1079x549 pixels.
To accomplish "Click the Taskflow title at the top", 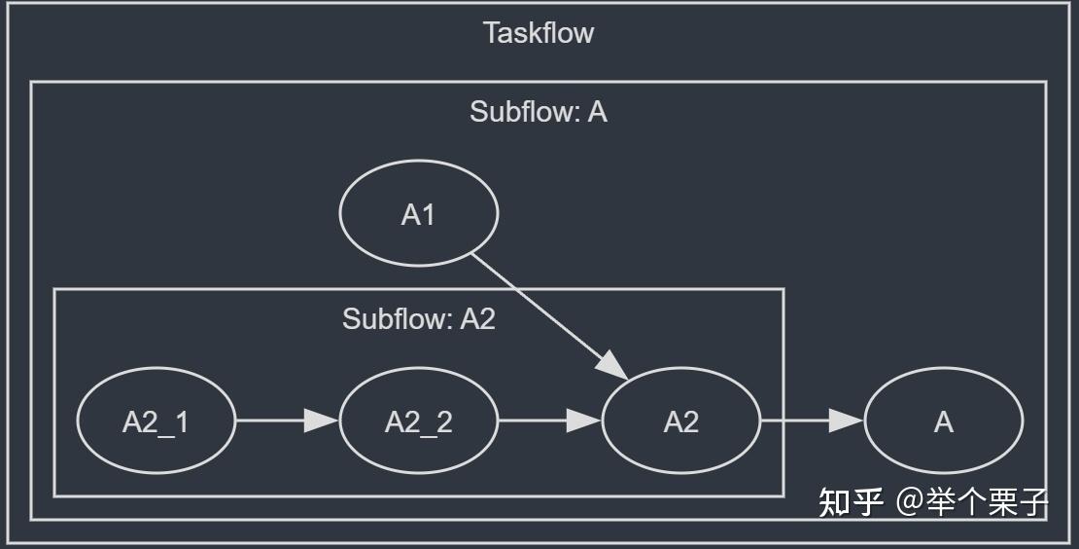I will coord(539,33).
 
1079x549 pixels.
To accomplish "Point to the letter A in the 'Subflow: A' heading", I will coord(598,112).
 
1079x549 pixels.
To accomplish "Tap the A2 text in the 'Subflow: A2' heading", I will coord(477,319).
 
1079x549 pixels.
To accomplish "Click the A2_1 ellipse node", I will coord(156,421).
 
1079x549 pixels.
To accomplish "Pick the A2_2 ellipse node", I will coord(418,421).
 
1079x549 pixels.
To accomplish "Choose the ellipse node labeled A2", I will coord(680,421).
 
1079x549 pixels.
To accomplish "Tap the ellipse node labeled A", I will coord(943,421).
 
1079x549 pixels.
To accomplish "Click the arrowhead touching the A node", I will coord(846,421).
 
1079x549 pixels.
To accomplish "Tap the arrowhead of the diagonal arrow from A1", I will coord(612,364).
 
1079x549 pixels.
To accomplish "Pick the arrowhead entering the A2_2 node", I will coord(321,421).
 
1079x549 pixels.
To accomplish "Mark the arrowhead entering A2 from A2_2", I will coord(583,421).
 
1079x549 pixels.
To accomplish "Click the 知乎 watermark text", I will coord(851,502).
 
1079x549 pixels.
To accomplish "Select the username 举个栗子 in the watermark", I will coord(992,502).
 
